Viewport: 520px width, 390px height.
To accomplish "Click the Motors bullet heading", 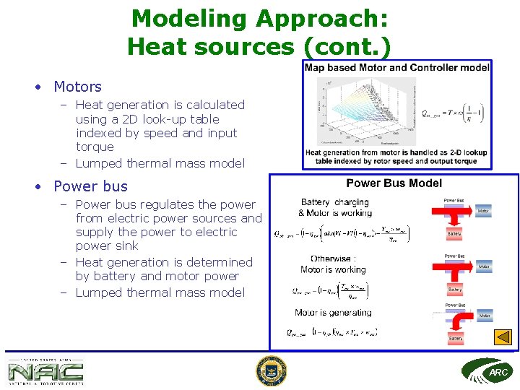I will pyautogui.click(x=77, y=87).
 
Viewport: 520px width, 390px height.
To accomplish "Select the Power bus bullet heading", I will pyautogui.click(x=90, y=186).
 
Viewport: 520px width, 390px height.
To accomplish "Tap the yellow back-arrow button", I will pyautogui.click(x=503, y=337).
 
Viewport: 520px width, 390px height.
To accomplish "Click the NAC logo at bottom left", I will pyautogui.click(x=45, y=371).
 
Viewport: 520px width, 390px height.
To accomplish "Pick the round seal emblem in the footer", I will pyautogui.click(x=271, y=371).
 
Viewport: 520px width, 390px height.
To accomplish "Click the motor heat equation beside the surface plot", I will pyautogui.click(x=454, y=113).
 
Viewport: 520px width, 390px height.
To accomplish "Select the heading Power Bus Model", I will pyautogui.click(x=394, y=183).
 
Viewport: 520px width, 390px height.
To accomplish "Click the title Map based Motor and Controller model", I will pyautogui.click(x=396, y=68).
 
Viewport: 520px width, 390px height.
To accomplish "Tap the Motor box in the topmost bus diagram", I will pyautogui.click(x=484, y=212).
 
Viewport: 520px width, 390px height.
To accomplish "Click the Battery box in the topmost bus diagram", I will pyautogui.click(x=454, y=234).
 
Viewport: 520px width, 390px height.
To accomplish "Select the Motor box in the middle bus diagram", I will pyautogui.click(x=484, y=266).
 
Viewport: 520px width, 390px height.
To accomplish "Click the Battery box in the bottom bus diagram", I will pyautogui.click(x=455, y=338).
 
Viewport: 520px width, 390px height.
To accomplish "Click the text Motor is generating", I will pyautogui.click(x=333, y=313).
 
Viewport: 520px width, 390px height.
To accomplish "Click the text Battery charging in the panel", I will pyautogui.click(x=334, y=202).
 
